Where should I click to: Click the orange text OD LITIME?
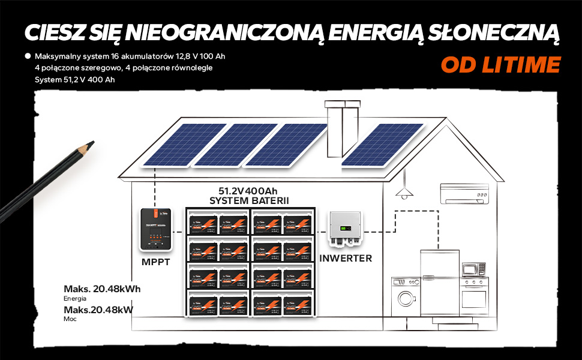click(500, 64)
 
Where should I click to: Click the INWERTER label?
click(346, 259)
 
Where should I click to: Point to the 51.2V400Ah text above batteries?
click(248, 191)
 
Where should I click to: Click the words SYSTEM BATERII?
click(248, 200)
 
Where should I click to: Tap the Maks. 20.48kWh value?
click(102, 289)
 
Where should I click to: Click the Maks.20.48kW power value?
click(98, 310)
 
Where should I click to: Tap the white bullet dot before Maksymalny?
click(28, 56)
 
